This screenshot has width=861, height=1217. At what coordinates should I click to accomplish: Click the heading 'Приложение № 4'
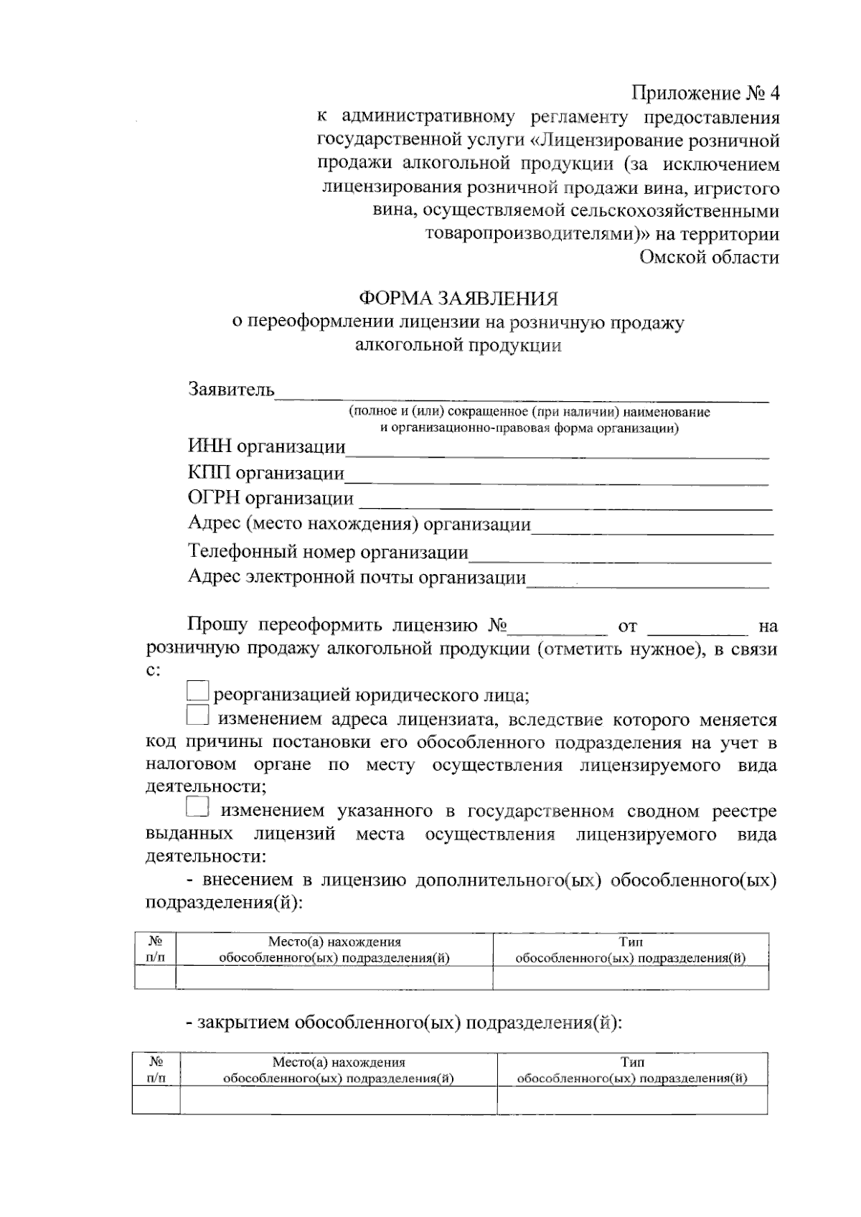click(x=705, y=94)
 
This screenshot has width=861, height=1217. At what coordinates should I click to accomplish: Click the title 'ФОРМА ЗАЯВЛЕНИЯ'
click(x=458, y=299)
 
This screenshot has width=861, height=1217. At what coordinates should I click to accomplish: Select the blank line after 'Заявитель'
click(x=522, y=393)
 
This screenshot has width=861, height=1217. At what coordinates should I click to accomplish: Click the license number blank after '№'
click(x=557, y=629)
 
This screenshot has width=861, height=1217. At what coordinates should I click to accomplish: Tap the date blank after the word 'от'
click(x=697, y=629)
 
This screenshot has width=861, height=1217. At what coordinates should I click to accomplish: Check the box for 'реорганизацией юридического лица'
click(x=197, y=692)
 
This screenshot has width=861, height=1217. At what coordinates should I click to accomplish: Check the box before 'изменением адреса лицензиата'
click(x=197, y=716)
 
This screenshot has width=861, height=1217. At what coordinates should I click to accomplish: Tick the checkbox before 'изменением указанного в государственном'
click(x=197, y=808)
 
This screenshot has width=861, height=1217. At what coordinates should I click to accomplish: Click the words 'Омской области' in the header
click(x=709, y=258)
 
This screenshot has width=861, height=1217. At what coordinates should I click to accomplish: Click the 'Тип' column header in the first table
click(x=631, y=949)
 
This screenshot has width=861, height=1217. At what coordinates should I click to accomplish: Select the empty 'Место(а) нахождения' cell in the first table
click(x=334, y=978)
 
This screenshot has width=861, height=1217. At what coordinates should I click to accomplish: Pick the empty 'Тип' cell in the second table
click(x=631, y=1100)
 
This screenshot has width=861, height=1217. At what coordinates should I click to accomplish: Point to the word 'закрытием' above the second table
click(x=243, y=1022)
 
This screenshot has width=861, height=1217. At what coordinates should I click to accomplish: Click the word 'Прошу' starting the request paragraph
click(x=217, y=624)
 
